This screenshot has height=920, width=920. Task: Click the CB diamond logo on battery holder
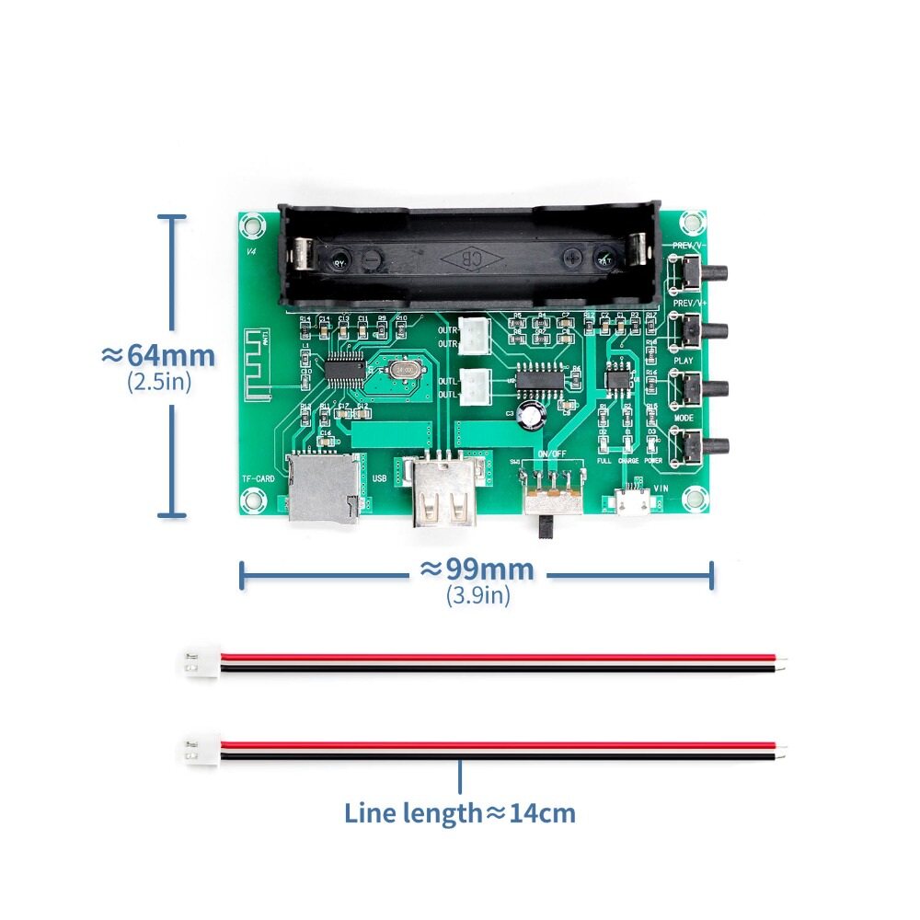[470, 257]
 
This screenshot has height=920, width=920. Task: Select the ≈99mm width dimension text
[477, 569]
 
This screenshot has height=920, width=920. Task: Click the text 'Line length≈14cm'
[460, 812]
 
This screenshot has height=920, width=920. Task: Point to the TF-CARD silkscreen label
[259, 479]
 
